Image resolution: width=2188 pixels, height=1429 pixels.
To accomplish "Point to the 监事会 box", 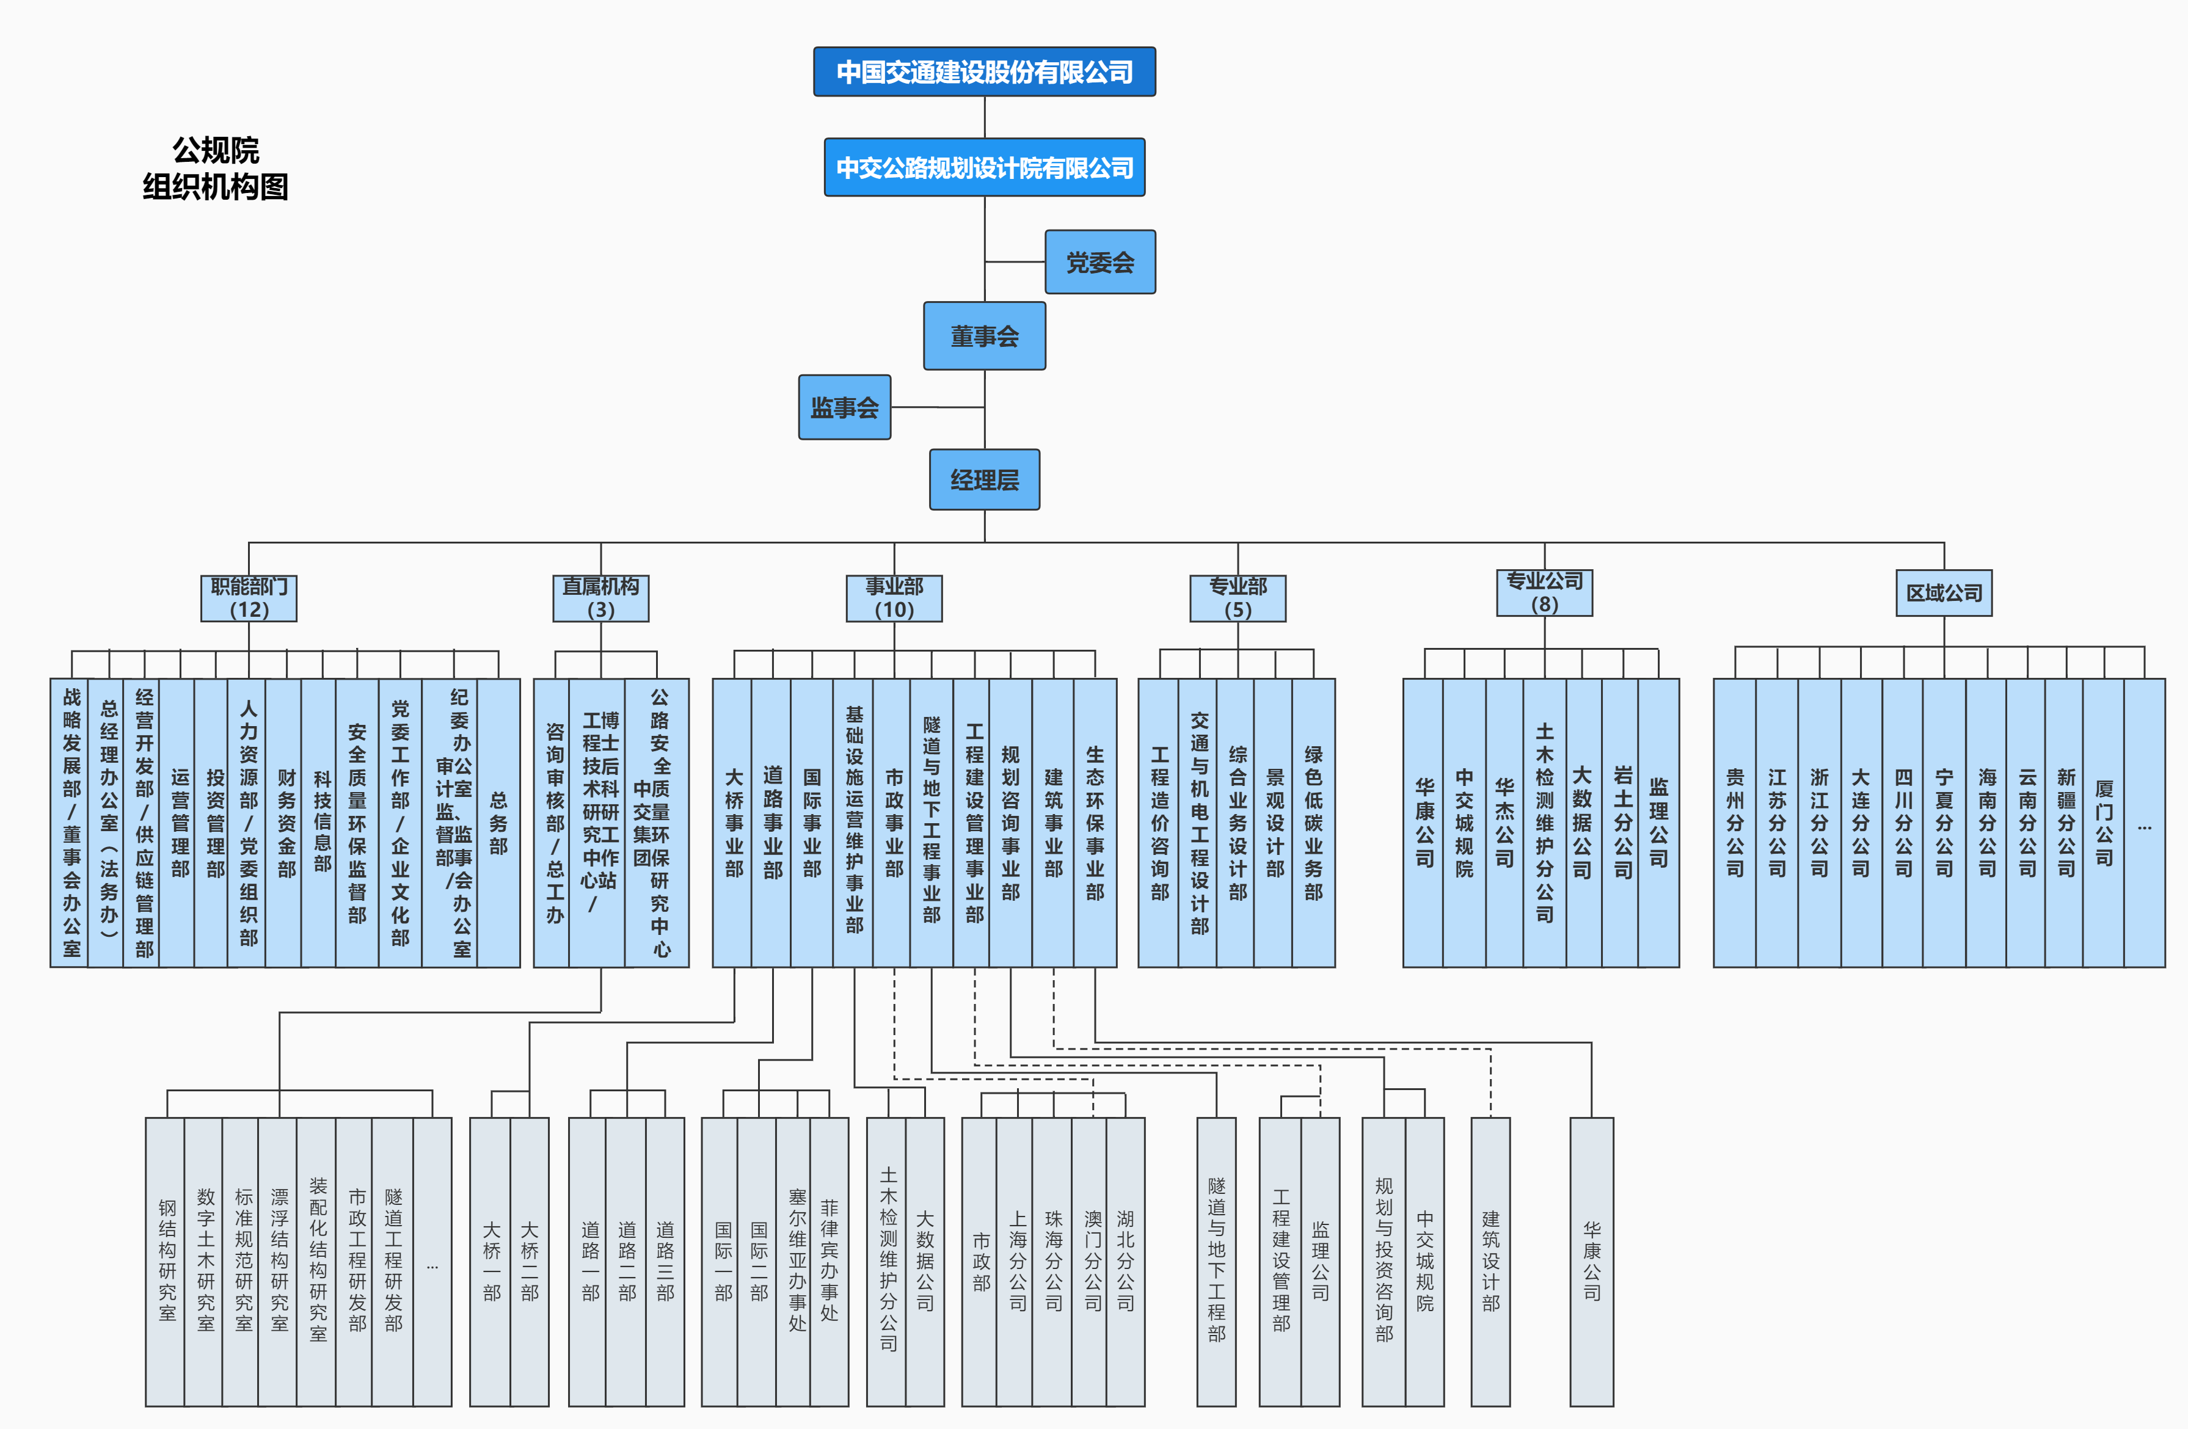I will tap(844, 407).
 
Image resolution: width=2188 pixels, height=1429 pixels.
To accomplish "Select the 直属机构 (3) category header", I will tap(600, 598).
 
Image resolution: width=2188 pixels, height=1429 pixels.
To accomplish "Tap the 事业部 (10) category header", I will tap(894, 598).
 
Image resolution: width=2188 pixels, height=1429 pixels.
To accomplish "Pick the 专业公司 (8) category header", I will tap(1544, 593).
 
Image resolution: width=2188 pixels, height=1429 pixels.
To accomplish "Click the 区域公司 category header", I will tap(1944, 593).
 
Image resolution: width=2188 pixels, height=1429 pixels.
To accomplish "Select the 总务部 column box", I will tap(498, 823).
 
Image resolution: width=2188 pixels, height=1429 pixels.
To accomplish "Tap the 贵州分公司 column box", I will tap(1734, 823).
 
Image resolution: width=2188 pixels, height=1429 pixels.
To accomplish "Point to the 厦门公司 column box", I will tap(2104, 823).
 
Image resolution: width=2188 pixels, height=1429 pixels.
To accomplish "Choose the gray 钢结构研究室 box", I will tap(166, 1261).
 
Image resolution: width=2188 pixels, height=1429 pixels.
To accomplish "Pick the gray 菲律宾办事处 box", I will tap(830, 1261).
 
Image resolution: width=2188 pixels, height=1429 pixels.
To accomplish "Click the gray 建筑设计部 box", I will tap(1490, 1261).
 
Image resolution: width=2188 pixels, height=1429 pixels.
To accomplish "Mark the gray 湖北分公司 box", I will tap(1125, 1261).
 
